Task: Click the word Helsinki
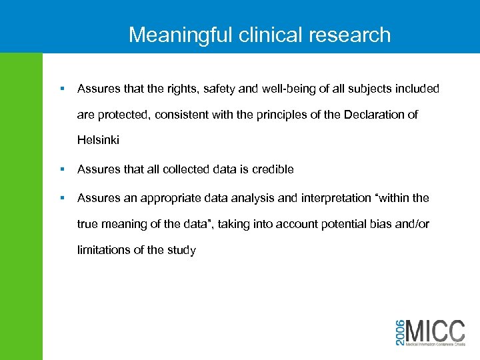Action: point(98,141)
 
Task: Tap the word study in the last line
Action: point(182,250)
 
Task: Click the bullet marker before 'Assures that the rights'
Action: point(61,89)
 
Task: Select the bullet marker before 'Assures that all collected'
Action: point(61,169)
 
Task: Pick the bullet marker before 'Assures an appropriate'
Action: point(61,198)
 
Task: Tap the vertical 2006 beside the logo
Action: point(398,331)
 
